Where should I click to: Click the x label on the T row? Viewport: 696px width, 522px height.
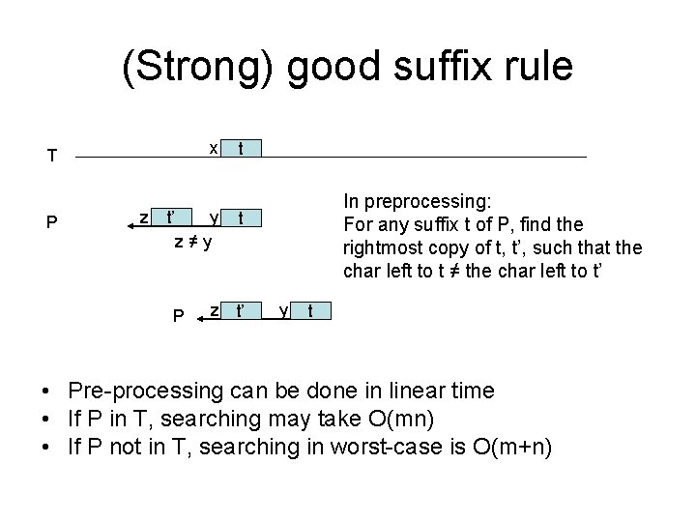click(x=214, y=148)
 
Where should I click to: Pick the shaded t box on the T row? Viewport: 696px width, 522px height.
click(x=241, y=149)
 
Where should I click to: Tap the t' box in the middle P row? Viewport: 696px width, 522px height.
click(x=171, y=217)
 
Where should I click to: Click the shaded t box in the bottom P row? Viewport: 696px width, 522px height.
click(x=309, y=311)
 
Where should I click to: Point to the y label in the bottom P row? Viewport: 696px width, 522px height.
click(x=282, y=310)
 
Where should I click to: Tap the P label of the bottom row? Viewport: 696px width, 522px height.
click(x=178, y=315)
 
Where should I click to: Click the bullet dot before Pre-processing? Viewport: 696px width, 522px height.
click(x=46, y=392)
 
